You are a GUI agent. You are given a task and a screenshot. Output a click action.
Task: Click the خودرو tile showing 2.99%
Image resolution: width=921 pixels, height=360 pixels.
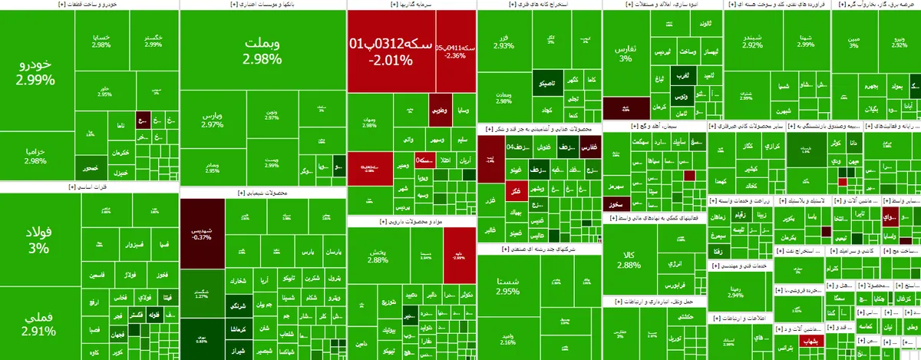click(37, 71)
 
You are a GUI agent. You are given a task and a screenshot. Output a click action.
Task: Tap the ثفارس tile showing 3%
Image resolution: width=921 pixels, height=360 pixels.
click(626, 54)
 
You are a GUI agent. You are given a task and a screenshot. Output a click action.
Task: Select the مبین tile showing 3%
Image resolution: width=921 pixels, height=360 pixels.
click(853, 41)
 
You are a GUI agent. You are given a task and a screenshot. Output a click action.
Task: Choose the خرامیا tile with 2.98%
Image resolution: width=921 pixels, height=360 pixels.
click(36, 157)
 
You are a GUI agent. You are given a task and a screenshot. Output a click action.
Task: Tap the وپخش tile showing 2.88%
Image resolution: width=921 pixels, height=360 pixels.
click(378, 256)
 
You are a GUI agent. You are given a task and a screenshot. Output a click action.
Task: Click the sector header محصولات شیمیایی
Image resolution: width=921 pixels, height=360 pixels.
click(262, 193)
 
